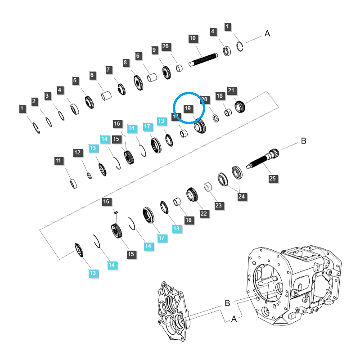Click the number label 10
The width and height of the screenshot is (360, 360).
[x=193, y=38]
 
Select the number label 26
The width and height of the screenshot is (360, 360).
[x=165, y=46]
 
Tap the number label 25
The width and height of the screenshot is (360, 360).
[x=272, y=179]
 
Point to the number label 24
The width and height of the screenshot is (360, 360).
[x=242, y=196]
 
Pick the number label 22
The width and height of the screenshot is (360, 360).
[x=204, y=213]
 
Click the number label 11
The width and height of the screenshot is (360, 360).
[x=59, y=161]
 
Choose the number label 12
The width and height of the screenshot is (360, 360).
[x=78, y=153]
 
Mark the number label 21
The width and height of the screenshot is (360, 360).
[x=232, y=90]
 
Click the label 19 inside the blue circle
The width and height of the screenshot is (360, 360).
[x=188, y=108]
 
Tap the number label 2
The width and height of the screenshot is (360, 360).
[x=34, y=101]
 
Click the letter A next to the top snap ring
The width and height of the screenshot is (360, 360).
[x=267, y=33]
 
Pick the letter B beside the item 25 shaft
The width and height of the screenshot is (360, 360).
[x=303, y=141]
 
